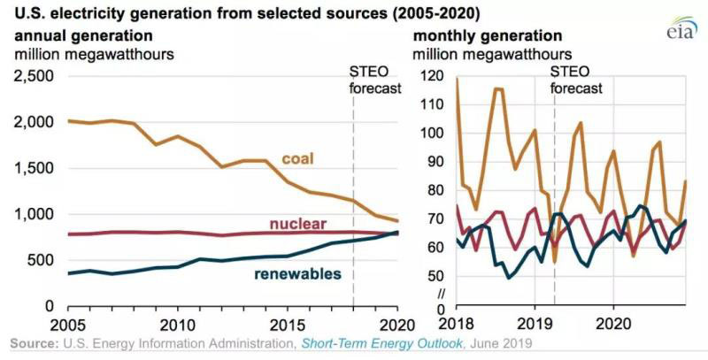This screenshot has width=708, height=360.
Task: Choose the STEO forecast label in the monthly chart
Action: (x=576, y=80)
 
